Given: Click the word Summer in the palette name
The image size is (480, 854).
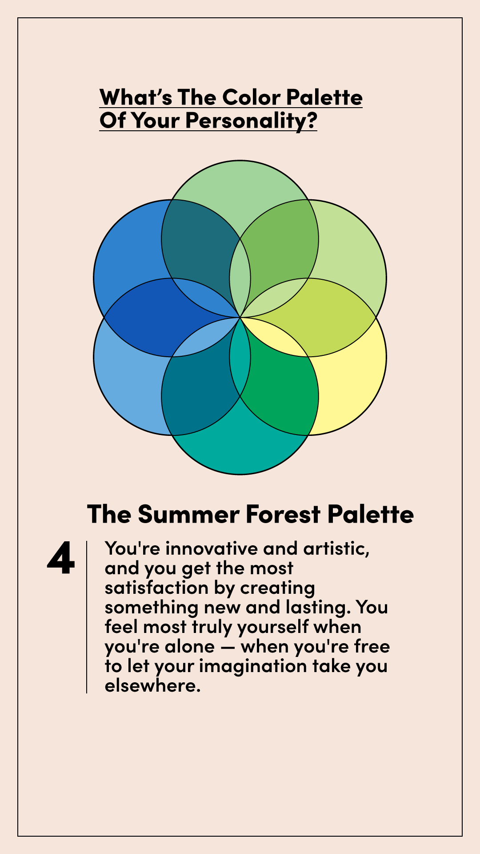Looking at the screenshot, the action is (x=189, y=514).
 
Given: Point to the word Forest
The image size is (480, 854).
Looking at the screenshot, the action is (x=283, y=514).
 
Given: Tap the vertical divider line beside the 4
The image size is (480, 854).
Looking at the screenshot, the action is (x=87, y=617).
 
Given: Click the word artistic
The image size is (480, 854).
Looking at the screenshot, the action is (x=336, y=548).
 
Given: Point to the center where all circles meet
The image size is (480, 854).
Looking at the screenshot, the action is (x=240, y=318).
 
